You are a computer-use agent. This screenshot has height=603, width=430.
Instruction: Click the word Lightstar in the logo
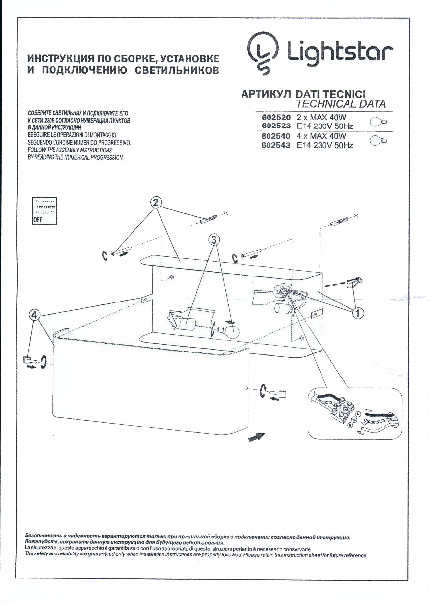(339, 51)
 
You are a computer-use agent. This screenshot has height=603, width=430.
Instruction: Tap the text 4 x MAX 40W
(322, 136)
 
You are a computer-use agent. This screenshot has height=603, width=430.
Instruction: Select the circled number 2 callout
(156, 202)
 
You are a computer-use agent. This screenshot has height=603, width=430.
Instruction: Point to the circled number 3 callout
(214, 239)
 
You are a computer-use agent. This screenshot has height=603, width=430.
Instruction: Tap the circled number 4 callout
(34, 315)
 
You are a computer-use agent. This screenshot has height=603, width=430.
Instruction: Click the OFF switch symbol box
(44, 211)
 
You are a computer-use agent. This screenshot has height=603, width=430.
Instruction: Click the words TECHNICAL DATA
(341, 104)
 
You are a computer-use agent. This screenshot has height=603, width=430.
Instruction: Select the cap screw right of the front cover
(282, 393)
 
